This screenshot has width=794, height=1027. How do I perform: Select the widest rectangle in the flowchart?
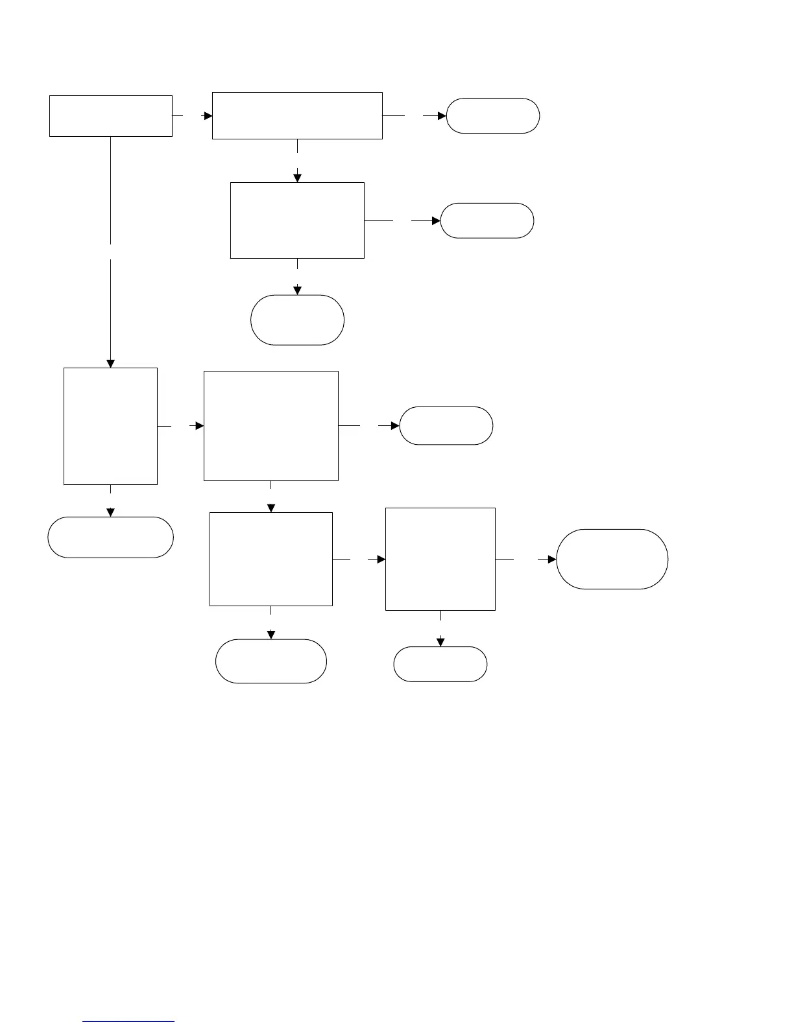click(x=297, y=115)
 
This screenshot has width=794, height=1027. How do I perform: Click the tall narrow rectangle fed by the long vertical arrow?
click(x=110, y=426)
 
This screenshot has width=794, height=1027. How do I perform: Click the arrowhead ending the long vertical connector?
click(x=110, y=363)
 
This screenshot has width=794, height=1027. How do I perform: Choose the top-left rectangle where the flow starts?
click(x=110, y=116)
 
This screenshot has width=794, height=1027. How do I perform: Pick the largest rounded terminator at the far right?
click(x=612, y=559)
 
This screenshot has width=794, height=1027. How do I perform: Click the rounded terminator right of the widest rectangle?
click(x=492, y=116)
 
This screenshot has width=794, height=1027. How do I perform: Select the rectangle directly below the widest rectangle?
click(x=297, y=220)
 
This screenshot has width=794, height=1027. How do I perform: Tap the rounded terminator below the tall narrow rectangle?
click(x=110, y=537)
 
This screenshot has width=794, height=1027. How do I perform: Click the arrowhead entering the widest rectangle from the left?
click(x=208, y=116)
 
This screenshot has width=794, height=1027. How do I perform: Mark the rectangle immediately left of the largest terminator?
click(x=440, y=559)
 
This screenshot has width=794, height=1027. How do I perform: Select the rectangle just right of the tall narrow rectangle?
click(x=271, y=426)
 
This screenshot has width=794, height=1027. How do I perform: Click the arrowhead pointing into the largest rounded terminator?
click(x=552, y=559)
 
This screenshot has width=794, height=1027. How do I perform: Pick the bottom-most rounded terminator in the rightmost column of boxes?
click(x=440, y=664)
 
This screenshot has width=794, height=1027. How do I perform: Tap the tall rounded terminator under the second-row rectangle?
click(x=297, y=320)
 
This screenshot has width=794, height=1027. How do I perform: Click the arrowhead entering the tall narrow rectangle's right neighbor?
click(x=200, y=426)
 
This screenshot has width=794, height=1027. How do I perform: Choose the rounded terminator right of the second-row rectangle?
click(x=487, y=220)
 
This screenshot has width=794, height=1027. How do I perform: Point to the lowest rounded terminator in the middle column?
click(x=271, y=661)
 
